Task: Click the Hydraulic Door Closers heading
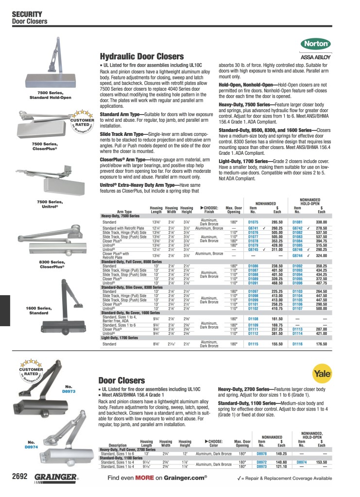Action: pos(141,56)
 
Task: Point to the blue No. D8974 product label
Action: pos(31,444)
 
